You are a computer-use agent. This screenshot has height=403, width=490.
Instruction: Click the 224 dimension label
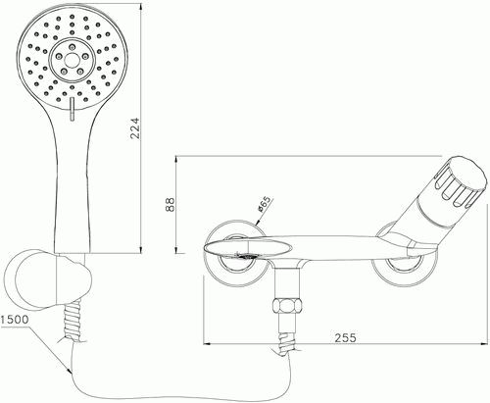pyautogui.click(x=135, y=128)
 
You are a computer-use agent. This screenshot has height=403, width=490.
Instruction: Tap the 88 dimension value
pyautogui.click(x=171, y=205)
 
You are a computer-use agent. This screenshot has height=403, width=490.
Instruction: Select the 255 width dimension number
pyautogui.click(x=346, y=337)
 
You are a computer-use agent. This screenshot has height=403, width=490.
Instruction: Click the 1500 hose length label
pyautogui.click(x=15, y=320)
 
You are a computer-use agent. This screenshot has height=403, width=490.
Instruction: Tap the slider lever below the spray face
pyautogui.click(x=72, y=109)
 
